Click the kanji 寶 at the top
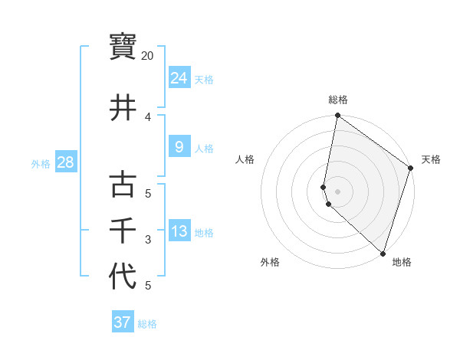click(x=123, y=47)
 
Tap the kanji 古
click(x=123, y=185)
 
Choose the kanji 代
click(x=123, y=277)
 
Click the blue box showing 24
click(x=179, y=77)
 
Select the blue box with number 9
click(x=179, y=147)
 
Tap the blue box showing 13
click(x=179, y=231)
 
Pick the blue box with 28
click(x=65, y=162)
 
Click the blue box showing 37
click(x=122, y=322)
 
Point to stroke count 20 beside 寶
click(x=147, y=56)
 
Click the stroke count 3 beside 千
click(x=148, y=240)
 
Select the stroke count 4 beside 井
click(x=148, y=117)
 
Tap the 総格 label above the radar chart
click(x=337, y=100)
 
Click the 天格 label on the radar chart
click(x=431, y=159)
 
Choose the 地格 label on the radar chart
click(x=402, y=262)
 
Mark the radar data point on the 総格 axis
click(x=337, y=116)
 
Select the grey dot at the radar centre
click(x=337, y=191)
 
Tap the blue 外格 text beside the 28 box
click(x=40, y=163)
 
